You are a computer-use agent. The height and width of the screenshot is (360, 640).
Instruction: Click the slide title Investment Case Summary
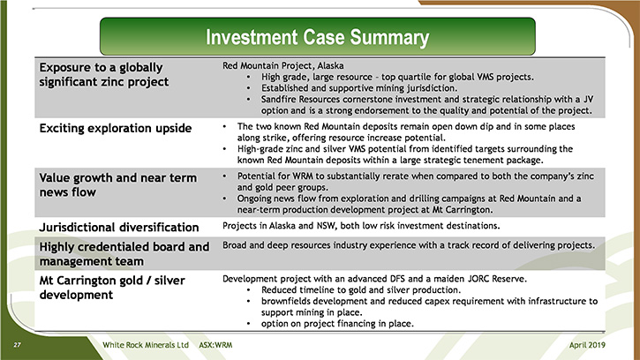coord(317,37)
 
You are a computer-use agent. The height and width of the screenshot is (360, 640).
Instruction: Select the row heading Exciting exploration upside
coord(116,129)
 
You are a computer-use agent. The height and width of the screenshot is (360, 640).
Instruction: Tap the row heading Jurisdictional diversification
coord(119,227)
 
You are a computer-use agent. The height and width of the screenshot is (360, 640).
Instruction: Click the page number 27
coord(17,345)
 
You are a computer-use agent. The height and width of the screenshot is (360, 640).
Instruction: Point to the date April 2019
coord(587,345)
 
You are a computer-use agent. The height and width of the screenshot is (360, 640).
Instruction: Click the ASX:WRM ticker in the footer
coord(215,345)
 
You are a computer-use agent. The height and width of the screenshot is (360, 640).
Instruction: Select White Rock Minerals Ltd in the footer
coord(146,345)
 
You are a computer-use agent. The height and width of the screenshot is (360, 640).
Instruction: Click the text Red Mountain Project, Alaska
coord(282,65)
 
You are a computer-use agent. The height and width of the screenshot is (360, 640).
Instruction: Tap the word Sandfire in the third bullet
coord(279,99)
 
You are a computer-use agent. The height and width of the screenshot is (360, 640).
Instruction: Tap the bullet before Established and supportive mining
coord(249,88)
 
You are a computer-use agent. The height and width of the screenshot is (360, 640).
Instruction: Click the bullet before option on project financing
coord(249,324)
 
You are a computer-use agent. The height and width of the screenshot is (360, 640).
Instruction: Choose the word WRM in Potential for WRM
coord(302,176)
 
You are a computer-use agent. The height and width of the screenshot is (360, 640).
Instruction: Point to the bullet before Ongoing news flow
coord(224,199)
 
